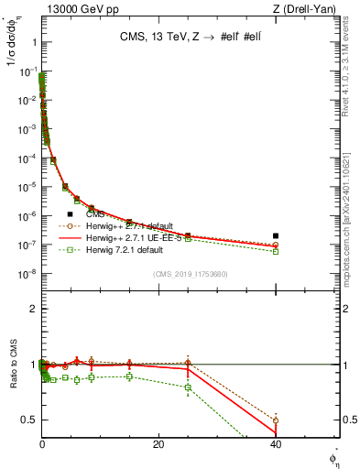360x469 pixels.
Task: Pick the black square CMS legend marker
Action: (x=71, y=213)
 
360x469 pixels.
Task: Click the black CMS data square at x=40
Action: (x=276, y=235)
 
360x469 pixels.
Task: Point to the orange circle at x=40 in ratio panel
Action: (x=276, y=420)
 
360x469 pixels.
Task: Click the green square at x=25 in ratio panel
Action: (x=188, y=387)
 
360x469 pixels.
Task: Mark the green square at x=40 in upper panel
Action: (x=276, y=251)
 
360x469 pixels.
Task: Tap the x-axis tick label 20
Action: (x=158, y=444)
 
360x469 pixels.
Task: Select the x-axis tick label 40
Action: (x=276, y=444)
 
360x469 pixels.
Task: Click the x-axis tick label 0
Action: (x=42, y=444)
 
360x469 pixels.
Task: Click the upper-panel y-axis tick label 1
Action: (x=32, y=42)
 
